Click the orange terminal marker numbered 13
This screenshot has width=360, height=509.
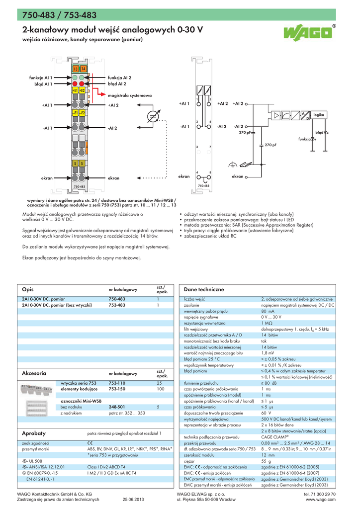(76, 68)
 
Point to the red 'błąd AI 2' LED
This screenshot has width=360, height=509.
(83, 84)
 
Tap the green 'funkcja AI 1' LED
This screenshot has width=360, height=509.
(75, 78)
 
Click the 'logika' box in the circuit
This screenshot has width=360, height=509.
(319, 115)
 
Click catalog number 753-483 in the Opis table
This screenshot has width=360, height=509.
(117, 305)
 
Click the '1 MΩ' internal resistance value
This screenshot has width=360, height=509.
(267, 323)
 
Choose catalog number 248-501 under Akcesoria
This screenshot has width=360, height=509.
(117, 407)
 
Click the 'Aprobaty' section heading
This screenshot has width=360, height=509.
(34, 433)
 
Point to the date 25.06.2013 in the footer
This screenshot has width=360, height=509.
(133, 500)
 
